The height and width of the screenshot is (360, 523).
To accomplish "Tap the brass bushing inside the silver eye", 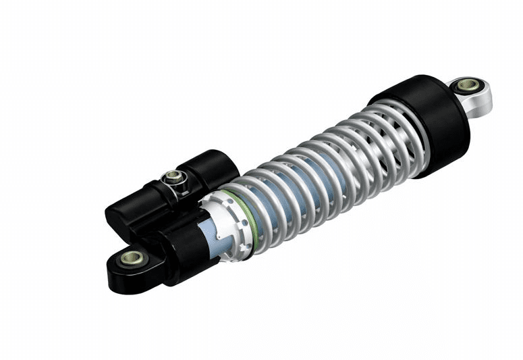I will [x=467, y=85].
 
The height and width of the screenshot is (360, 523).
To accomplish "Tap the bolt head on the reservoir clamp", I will [x=173, y=177].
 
